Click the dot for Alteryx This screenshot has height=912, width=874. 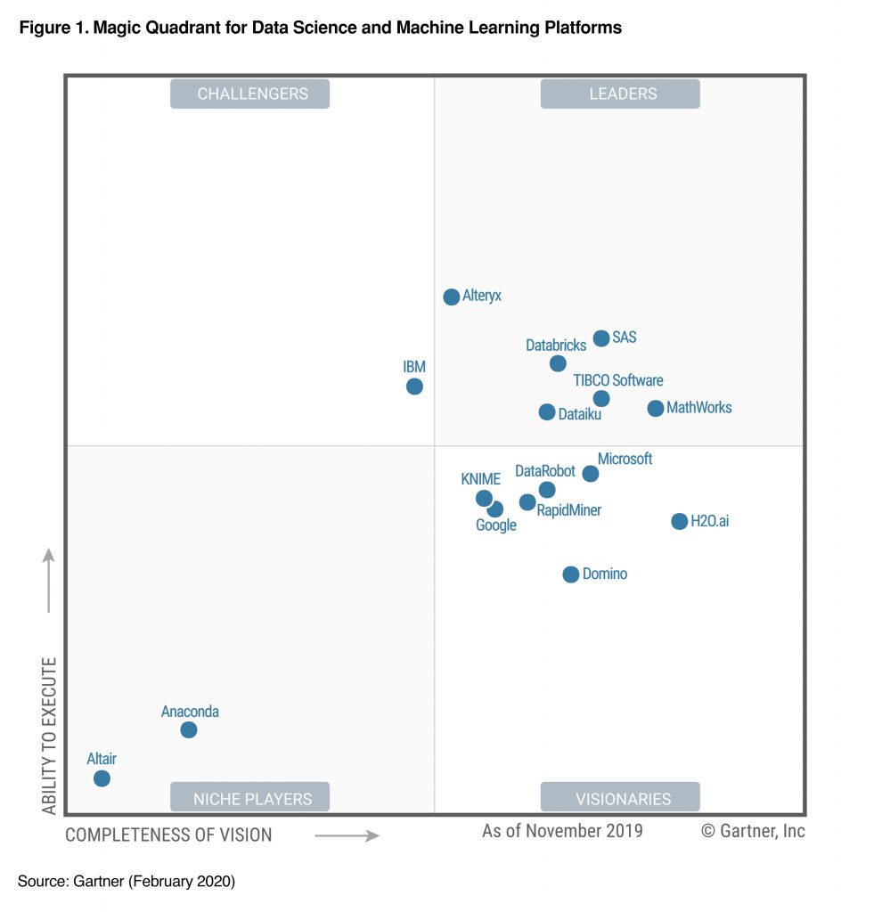pyautogui.click(x=452, y=297)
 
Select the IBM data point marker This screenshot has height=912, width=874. pyautogui.click(x=414, y=387)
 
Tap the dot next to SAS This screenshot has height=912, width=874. pyautogui.click(x=601, y=338)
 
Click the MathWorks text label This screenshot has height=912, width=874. pyautogui.click(x=698, y=408)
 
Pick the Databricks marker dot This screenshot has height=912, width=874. pyautogui.click(x=558, y=363)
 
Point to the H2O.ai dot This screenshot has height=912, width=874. pyautogui.click(x=679, y=521)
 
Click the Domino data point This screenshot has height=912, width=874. pyautogui.click(x=571, y=574)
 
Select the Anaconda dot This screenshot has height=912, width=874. pyautogui.click(x=189, y=730)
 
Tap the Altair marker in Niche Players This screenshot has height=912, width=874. pyautogui.click(x=102, y=778)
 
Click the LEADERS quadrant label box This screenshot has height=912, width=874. pyautogui.click(x=620, y=94)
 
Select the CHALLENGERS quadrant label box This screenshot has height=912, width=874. pyautogui.click(x=250, y=94)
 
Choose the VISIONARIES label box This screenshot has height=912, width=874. pyautogui.click(x=620, y=798)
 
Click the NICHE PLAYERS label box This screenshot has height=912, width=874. pyautogui.click(x=250, y=798)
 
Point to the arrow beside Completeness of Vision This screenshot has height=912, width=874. pyautogui.click(x=347, y=835)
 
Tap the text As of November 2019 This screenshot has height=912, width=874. pyautogui.click(x=562, y=831)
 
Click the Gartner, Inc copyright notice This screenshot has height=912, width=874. pyautogui.click(x=753, y=831)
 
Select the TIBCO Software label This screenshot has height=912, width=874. pyautogui.click(x=617, y=380)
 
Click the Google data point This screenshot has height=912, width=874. pyautogui.click(x=495, y=509)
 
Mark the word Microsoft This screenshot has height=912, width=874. pyautogui.click(x=625, y=459)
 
